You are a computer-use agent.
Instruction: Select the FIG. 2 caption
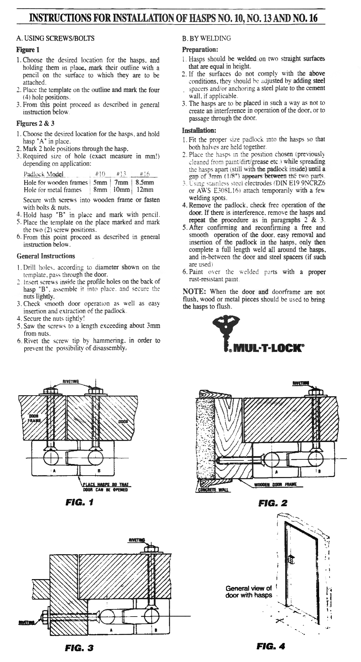click(x=273, y=503)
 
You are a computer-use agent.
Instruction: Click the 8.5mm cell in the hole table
click(x=144, y=182)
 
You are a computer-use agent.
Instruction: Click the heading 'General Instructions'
click(x=46, y=256)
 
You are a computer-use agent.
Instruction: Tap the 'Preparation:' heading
click(x=200, y=49)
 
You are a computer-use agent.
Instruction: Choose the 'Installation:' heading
click(x=199, y=130)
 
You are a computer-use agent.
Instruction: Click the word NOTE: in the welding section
click(x=194, y=292)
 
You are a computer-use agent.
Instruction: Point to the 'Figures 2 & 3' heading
click(x=35, y=123)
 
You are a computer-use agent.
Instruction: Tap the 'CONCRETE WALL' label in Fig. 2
click(x=213, y=490)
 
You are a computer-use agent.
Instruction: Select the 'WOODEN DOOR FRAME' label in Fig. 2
click(x=275, y=484)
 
